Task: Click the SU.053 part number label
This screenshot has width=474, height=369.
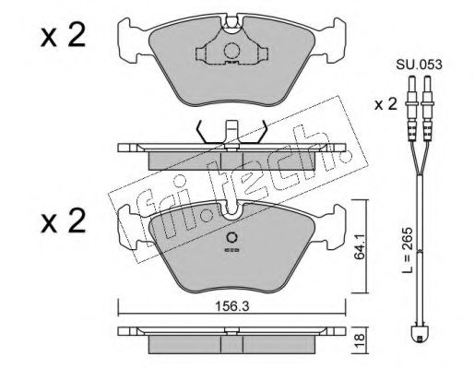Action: tap(419, 65)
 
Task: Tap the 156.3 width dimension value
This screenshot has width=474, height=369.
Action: tap(232, 305)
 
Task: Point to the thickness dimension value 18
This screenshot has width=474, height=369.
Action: tap(361, 340)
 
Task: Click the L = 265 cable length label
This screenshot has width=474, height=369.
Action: tap(409, 251)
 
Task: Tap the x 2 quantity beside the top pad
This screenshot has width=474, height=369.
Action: tap(63, 36)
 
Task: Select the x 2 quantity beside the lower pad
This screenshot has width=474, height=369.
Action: tap(63, 220)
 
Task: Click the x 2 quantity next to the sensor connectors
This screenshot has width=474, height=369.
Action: tap(385, 104)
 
